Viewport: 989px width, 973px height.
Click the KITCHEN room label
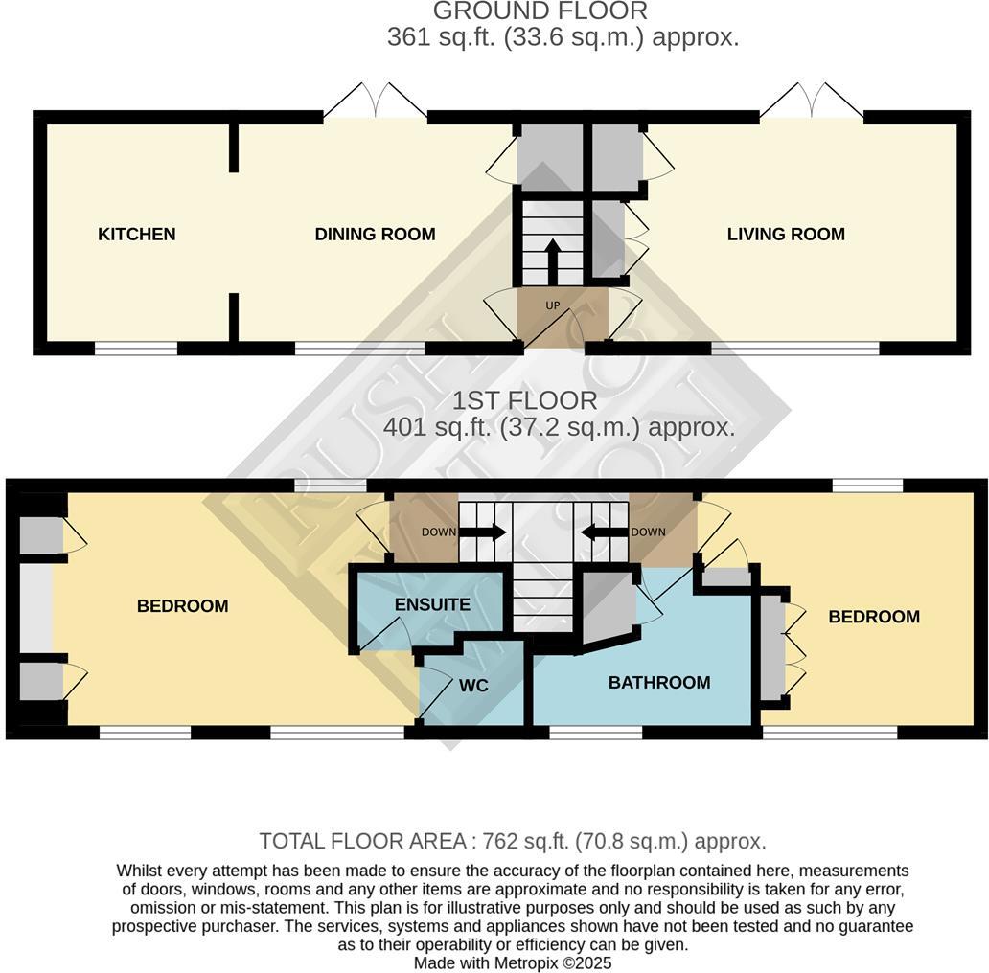[x=136, y=234]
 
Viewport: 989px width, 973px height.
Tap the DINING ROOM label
[x=375, y=234]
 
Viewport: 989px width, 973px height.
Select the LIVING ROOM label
[x=786, y=234]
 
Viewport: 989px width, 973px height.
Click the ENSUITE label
[x=432, y=604]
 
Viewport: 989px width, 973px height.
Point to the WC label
[x=473, y=686]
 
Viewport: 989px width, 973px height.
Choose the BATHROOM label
[x=659, y=682]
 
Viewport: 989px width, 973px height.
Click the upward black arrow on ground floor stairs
[x=552, y=257]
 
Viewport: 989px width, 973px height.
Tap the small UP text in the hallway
[x=552, y=305]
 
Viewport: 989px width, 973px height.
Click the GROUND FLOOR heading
[x=540, y=11]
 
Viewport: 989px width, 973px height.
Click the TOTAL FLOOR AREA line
[x=512, y=841]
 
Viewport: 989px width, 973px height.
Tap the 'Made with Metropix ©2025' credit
[x=512, y=962]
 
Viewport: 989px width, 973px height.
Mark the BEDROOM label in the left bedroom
[x=182, y=605]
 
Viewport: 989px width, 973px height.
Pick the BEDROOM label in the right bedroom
[x=873, y=617]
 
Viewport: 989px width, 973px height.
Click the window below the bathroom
[x=595, y=733]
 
